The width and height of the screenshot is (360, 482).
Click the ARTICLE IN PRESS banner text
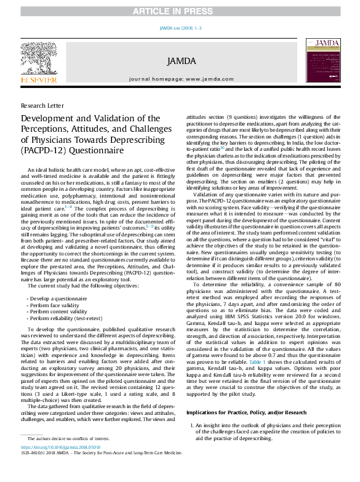(x=180, y=7)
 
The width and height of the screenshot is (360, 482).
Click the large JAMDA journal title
(x=182, y=61)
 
